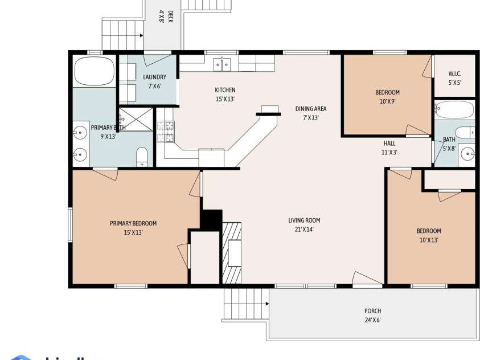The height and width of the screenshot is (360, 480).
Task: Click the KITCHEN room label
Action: [x=225, y=90]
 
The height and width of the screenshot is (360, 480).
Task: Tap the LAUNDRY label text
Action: [x=154, y=77]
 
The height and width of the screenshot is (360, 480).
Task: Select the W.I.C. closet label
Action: [x=454, y=73]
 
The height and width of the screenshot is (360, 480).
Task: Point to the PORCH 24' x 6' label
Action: [x=373, y=315]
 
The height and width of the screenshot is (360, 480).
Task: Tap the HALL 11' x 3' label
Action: [x=389, y=148]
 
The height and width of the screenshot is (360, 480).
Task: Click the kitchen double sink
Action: [x=222, y=64]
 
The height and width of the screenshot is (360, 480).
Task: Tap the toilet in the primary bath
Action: [x=142, y=156]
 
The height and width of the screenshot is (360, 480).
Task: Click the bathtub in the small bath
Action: [x=454, y=109]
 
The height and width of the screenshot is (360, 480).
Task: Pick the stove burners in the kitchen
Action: [x=169, y=132]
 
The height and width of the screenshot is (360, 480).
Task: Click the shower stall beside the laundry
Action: [x=136, y=118]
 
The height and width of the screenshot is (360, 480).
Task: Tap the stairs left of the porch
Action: [x=245, y=304]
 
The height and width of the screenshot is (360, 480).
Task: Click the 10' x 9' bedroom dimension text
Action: [x=388, y=101]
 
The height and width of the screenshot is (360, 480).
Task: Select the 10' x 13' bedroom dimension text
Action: [x=429, y=240]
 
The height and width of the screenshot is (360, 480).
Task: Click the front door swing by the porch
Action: [x=366, y=279]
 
